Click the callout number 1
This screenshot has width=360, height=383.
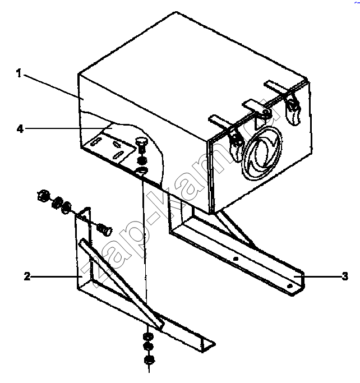coord(19,73)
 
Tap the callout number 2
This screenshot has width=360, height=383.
coord(27,276)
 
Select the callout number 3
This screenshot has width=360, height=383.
coord(345,276)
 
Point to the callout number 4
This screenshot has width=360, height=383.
coord(20,129)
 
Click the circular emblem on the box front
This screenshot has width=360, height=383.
coord(261,153)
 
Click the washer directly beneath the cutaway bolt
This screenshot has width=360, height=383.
coord(142,160)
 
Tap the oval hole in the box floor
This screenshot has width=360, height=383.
coord(141,171)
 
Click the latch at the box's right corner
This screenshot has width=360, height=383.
coord(293,109)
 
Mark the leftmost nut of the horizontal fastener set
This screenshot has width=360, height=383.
coord(44,196)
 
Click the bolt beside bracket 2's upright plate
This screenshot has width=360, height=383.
coord(104,230)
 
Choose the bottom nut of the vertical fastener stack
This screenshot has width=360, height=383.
coord(149,360)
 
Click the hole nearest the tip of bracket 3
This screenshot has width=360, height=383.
coord(289,286)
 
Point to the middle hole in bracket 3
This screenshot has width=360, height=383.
coord(236,259)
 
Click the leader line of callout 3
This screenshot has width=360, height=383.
coord(317,276)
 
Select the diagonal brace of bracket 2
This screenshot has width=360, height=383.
coord(121,283)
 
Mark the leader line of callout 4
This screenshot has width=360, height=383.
coord(69,128)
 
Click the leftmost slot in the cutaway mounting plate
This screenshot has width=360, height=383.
coord(95,141)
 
